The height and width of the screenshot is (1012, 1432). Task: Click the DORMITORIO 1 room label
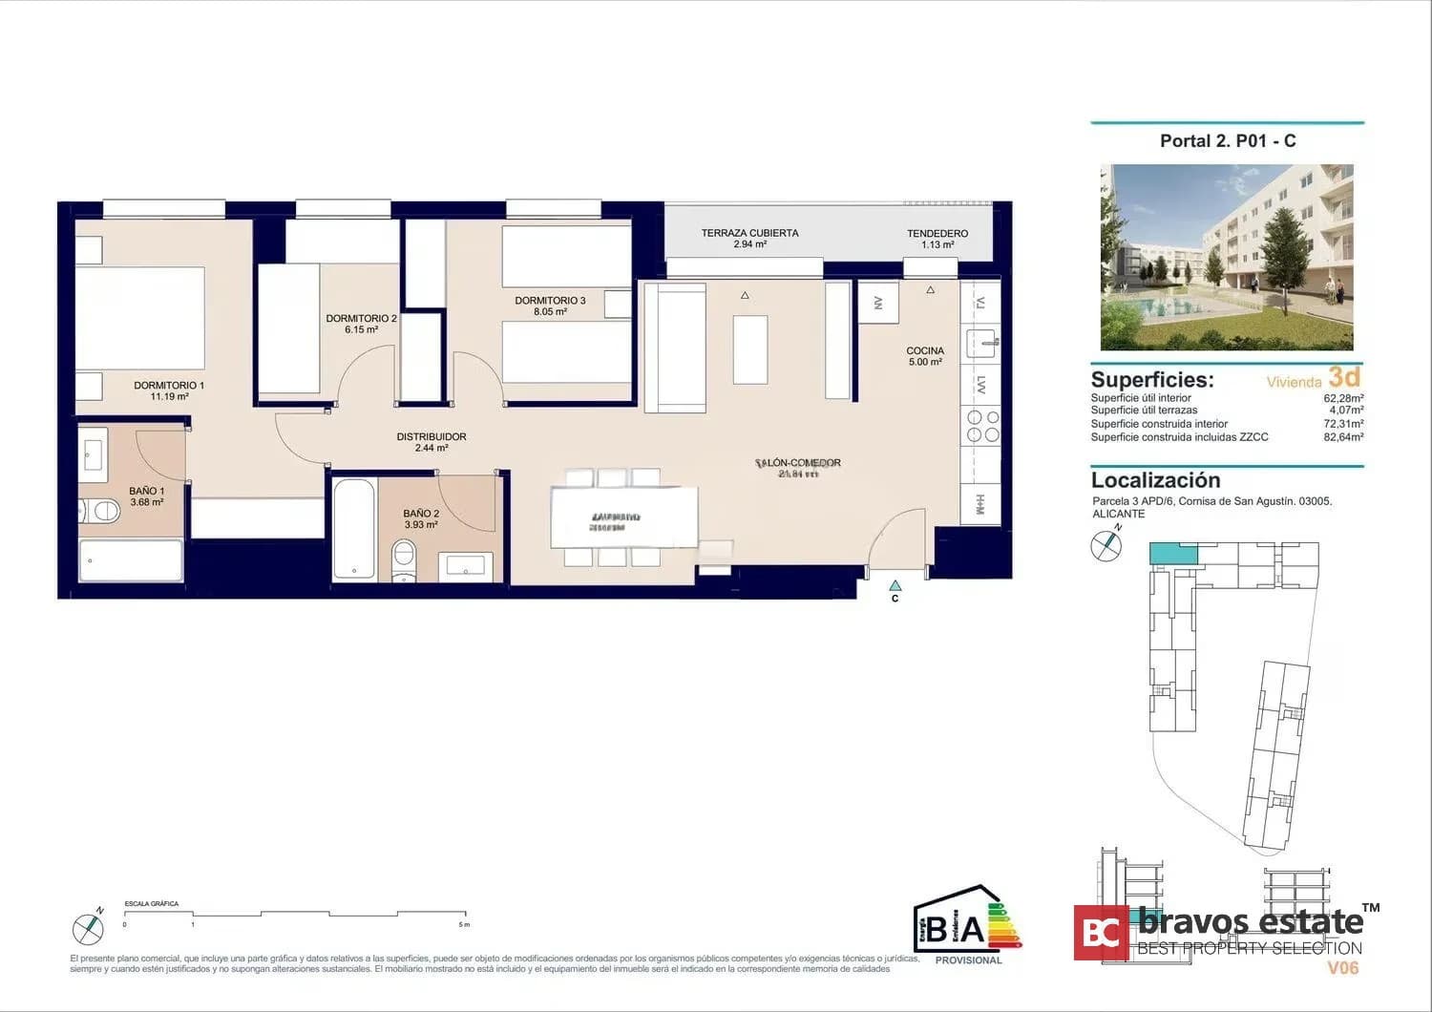pyautogui.click(x=169, y=390)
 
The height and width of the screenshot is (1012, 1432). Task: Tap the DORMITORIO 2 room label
pyautogui.click(x=361, y=324)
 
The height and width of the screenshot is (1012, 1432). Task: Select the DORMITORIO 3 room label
pyautogui.click(x=550, y=306)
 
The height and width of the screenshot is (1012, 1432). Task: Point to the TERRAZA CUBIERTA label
pyautogui.click(x=749, y=238)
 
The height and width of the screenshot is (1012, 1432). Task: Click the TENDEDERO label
pyautogui.click(x=937, y=239)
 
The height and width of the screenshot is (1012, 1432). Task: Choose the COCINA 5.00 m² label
pyautogui.click(x=925, y=356)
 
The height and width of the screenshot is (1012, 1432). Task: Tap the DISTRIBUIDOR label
pyautogui.click(x=432, y=442)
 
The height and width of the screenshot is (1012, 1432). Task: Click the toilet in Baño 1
pyautogui.click(x=99, y=512)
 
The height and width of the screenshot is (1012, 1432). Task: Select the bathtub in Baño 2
pyautogui.click(x=354, y=528)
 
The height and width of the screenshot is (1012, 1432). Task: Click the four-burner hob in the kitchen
pyautogui.click(x=983, y=426)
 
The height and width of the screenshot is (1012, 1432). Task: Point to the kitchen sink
pyautogui.click(x=981, y=341)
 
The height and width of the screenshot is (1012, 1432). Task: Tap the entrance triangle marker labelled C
pyautogui.click(x=895, y=586)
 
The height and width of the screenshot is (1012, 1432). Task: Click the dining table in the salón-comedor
pyautogui.click(x=623, y=517)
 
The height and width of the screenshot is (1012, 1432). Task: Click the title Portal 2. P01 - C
pyautogui.click(x=1228, y=141)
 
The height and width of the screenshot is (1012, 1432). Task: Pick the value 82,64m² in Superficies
pyautogui.click(x=1343, y=437)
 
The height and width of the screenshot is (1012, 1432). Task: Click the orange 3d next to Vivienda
pyautogui.click(x=1344, y=377)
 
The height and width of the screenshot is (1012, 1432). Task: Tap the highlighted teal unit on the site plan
pyautogui.click(x=1173, y=554)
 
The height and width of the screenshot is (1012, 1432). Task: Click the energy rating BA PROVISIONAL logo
pyautogui.click(x=967, y=926)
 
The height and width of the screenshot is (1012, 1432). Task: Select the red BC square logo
pyautogui.click(x=1101, y=933)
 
